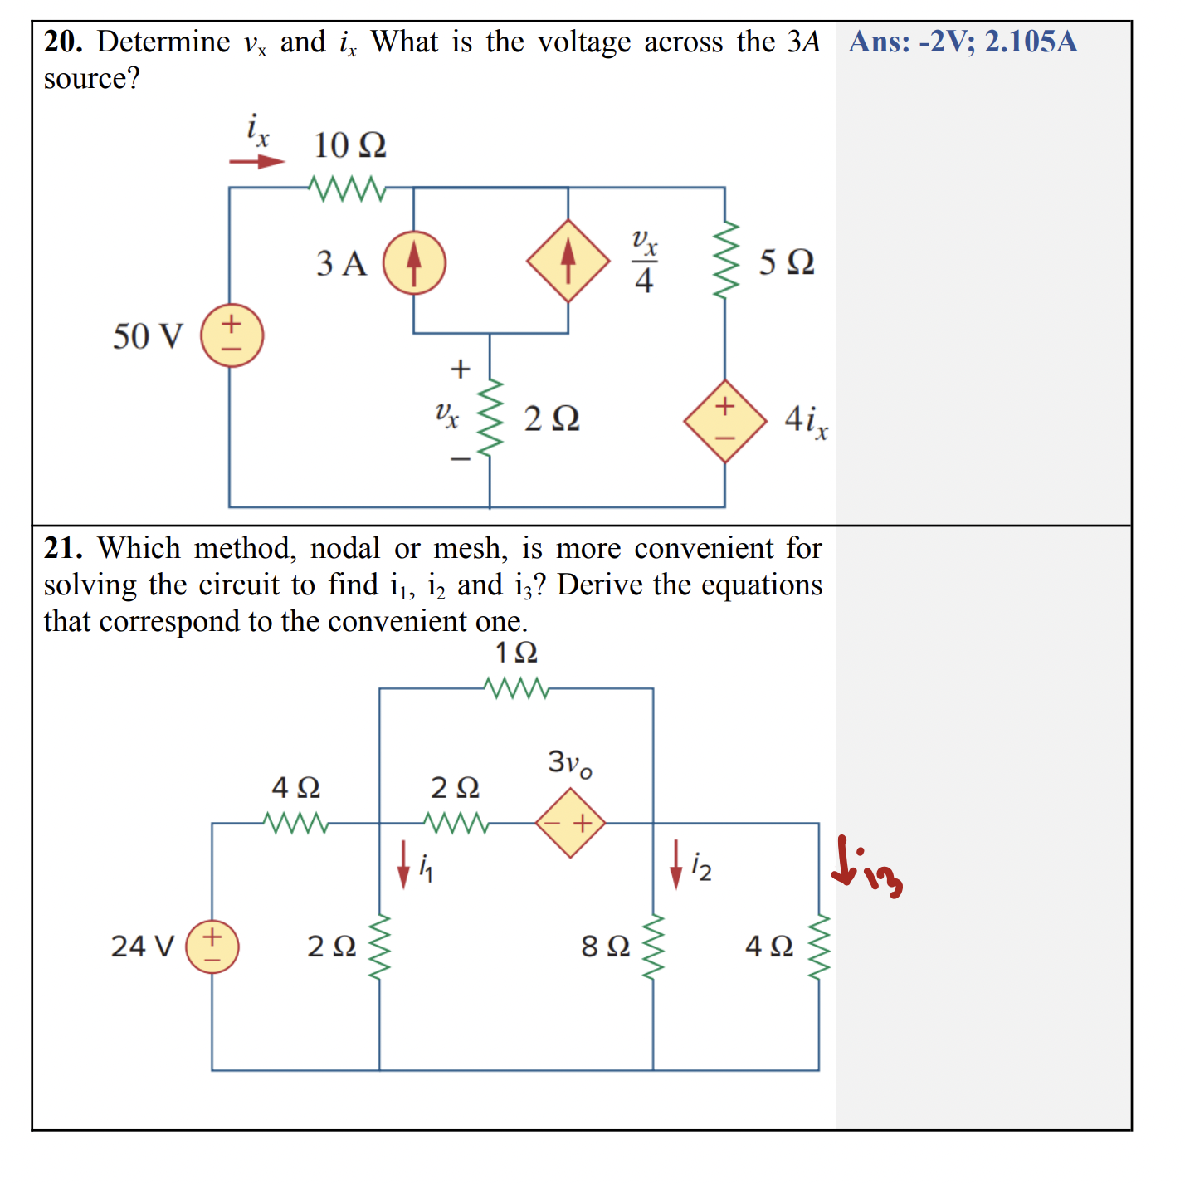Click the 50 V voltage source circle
pyautogui.click(x=232, y=335)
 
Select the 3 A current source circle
pyautogui.click(x=414, y=262)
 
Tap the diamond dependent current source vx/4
pyautogui.click(x=568, y=262)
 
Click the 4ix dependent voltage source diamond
pyautogui.click(x=724, y=421)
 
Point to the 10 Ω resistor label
pyautogui.click(x=349, y=145)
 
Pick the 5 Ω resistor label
pyautogui.click(x=786, y=262)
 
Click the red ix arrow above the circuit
pyautogui.click(x=257, y=161)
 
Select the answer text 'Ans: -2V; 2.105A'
pyautogui.click(x=963, y=42)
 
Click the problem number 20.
pyautogui.click(x=62, y=42)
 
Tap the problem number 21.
pyautogui.click(x=62, y=548)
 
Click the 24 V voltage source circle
pyautogui.click(x=212, y=947)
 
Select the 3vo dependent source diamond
pyautogui.click(x=570, y=823)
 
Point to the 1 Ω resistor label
pyautogui.click(x=516, y=653)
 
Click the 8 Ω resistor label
pyautogui.click(x=606, y=946)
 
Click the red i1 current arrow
pyautogui.click(x=403, y=864)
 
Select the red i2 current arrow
pyautogui.click(x=676, y=864)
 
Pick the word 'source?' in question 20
pyautogui.click(x=91, y=79)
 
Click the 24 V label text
pyautogui.click(x=142, y=946)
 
